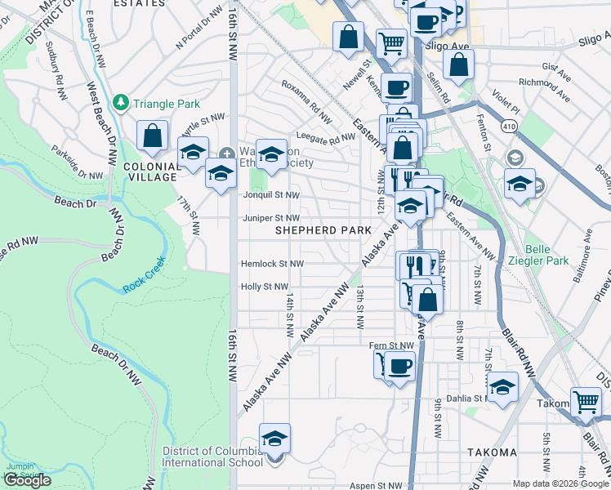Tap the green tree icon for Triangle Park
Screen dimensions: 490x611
coord(121,103)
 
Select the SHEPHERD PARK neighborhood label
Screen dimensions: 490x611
coord(318,231)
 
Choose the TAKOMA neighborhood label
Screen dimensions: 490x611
coord(492,452)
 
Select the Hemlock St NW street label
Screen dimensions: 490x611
coord(272,264)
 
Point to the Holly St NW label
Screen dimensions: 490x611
coord(265,287)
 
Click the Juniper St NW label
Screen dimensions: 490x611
coord(271,218)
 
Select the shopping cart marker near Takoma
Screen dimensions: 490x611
coord(586,401)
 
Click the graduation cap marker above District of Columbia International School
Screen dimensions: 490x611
coord(275,439)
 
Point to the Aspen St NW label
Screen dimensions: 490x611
coord(377,485)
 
